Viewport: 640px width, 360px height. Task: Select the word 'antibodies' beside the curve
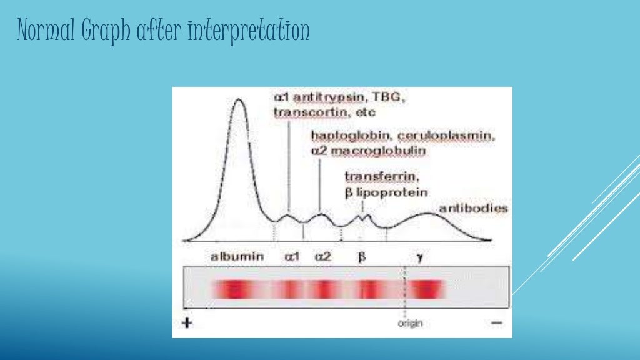[x=474, y=208]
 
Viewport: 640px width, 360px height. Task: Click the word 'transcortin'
[x=306, y=113]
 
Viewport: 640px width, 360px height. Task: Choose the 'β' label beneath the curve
[x=361, y=256]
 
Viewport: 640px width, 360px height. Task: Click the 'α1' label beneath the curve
[x=292, y=256]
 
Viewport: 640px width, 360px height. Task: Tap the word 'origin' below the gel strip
[x=410, y=323]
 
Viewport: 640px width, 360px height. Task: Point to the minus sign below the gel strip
[x=496, y=324]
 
